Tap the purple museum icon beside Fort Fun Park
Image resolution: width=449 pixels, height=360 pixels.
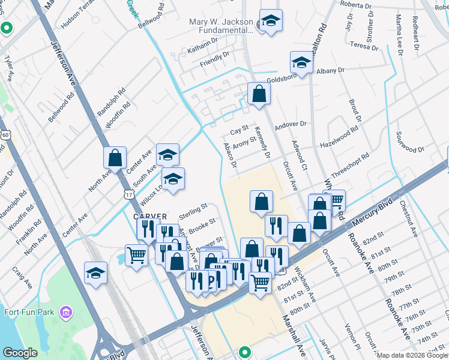tap(65, 312)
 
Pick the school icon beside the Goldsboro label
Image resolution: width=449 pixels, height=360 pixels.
tap(301, 62)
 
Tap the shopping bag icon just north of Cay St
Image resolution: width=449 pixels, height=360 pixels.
tap(259, 94)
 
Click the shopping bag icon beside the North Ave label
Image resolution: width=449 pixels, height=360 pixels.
tap(115, 158)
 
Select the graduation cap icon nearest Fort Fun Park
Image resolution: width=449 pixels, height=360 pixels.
tap(96, 273)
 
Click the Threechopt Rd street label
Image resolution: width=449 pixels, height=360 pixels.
tap(349, 164)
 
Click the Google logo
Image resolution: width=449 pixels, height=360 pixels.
tap(20, 353)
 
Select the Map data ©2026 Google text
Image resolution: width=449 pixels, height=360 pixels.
tap(412, 355)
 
